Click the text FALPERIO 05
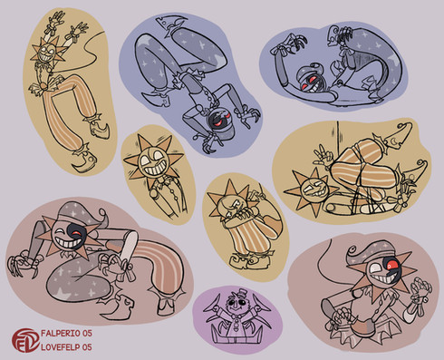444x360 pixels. [66, 334]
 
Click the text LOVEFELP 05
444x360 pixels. [66, 347]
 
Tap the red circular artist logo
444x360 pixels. [25, 340]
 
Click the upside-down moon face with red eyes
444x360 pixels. [220, 120]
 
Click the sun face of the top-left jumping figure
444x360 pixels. [48, 52]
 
